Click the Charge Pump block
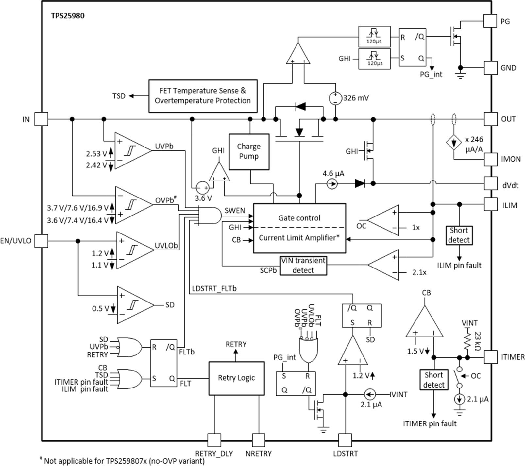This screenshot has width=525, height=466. click(x=249, y=152)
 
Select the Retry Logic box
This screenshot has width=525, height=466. click(x=236, y=378)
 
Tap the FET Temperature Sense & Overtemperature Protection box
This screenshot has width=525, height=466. click(x=203, y=96)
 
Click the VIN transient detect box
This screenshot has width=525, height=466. click(x=303, y=265)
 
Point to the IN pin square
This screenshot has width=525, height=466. click(x=42, y=119)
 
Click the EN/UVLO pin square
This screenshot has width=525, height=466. click(x=42, y=241)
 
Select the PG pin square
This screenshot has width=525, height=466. click(x=490, y=21)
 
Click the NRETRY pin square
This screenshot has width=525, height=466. click(x=258, y=440)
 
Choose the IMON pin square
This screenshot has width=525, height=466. click(x=490, y=159)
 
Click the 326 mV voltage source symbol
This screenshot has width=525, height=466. click(x=335, y=98)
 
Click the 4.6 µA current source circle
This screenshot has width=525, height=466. click(x=332, y=184)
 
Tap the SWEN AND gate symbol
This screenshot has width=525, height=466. click(x=211, y=216)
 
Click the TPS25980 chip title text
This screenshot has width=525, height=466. click(x=68, y=16)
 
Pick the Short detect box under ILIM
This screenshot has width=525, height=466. click(x=459, y=235)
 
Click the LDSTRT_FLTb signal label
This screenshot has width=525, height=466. click(x=214, y=289)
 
